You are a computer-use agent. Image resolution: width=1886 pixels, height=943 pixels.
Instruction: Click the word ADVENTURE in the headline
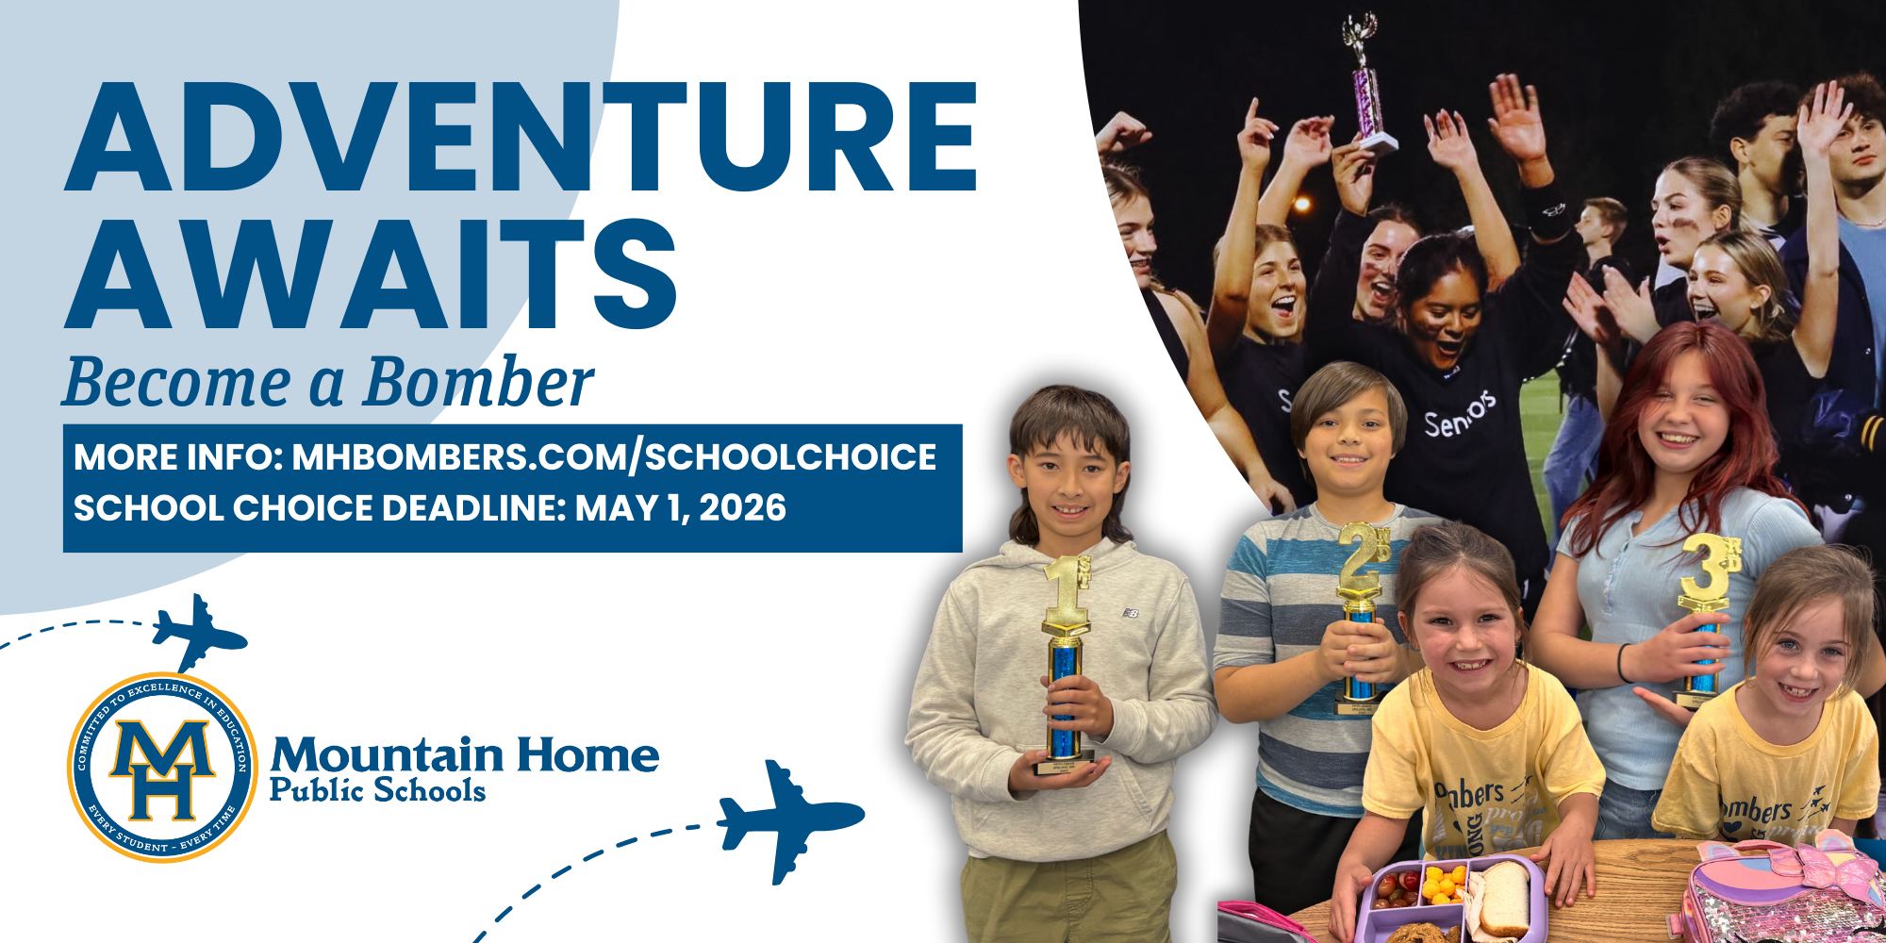point(521,138)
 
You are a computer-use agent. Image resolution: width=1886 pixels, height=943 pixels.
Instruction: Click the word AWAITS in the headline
point(372,274)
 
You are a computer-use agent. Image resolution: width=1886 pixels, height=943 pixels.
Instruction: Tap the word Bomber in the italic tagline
point(478,383)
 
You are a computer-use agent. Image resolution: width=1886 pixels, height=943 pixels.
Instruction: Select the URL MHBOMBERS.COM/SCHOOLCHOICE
point(614,457)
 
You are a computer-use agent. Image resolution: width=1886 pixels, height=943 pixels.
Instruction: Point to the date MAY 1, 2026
point(680,508)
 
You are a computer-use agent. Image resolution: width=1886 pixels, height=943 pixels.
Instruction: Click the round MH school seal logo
point(162,767)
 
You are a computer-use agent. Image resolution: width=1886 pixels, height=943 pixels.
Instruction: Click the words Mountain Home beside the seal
point(464,755)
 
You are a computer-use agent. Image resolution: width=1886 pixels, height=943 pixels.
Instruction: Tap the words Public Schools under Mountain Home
point(377,790)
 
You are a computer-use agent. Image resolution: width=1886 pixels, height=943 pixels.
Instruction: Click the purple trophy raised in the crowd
point(1367,85)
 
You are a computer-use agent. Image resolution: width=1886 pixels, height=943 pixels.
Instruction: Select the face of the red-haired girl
point(1688,415)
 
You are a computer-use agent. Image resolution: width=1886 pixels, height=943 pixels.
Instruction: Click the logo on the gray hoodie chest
point(1131,613)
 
